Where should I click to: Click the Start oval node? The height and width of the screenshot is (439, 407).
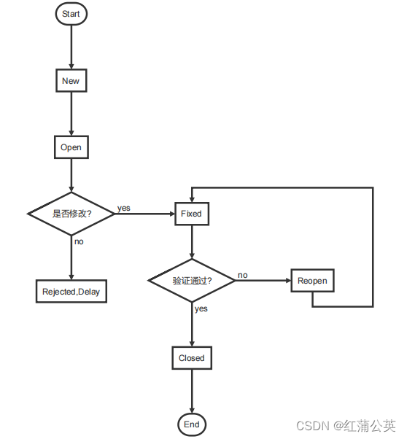[71, 14]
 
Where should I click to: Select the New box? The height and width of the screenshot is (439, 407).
[71, 81]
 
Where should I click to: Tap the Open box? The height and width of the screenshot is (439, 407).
[71, 147]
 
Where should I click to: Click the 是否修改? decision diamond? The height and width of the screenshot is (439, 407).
[71, 214]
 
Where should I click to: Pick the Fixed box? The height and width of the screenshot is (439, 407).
[191, 214]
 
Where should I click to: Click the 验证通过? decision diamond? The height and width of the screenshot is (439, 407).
[191, 281]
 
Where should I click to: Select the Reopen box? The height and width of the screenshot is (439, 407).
[312, 281]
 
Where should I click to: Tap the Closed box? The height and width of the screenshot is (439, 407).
[191, 358]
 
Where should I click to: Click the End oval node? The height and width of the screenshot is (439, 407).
[191, 424]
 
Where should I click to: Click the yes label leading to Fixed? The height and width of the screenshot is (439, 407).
[124, 208]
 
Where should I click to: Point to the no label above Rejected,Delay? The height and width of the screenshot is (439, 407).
[79, 241]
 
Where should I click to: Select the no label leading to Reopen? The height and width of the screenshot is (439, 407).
[242, 275]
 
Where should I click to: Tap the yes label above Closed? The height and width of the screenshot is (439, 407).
[201, 308]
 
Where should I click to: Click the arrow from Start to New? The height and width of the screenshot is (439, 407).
[71, 47]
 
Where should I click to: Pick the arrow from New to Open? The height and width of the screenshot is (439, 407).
[71, 114]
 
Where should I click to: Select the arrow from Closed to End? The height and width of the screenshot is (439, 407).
[191, 391]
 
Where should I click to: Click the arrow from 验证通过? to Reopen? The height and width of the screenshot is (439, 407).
[263, 281]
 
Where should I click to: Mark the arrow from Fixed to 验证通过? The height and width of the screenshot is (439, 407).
[191, 242]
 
